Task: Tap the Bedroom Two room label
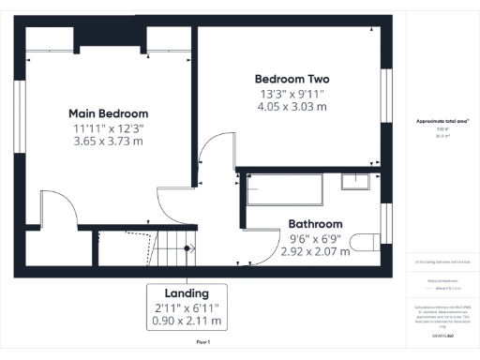292,78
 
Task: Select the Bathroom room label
314,224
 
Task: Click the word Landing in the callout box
186,292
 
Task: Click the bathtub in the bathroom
284,190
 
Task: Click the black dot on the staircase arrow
187,248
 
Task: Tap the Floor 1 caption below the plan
202,343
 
